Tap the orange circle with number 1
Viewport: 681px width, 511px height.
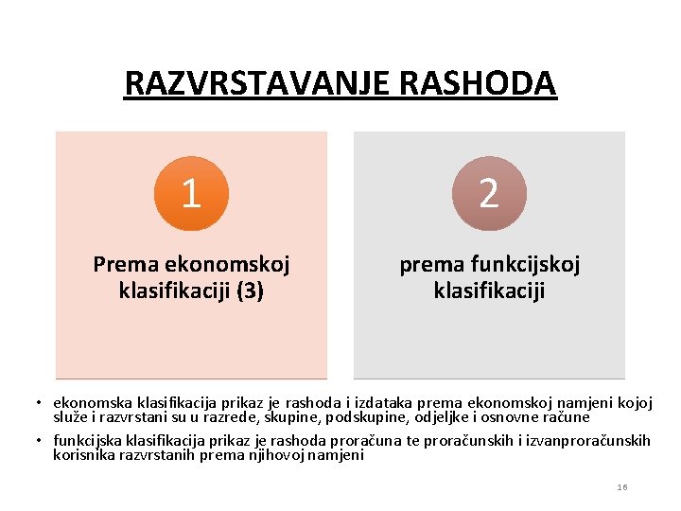[191, 193]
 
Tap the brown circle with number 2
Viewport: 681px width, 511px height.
[489, 193]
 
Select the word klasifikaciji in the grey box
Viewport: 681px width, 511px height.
[489, 291]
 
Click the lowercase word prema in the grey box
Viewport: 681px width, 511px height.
[431, 265]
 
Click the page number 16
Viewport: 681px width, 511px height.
[621, 486]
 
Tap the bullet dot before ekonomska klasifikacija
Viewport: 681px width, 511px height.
[44, 403]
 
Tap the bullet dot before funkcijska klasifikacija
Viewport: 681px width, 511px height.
[44, 441]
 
